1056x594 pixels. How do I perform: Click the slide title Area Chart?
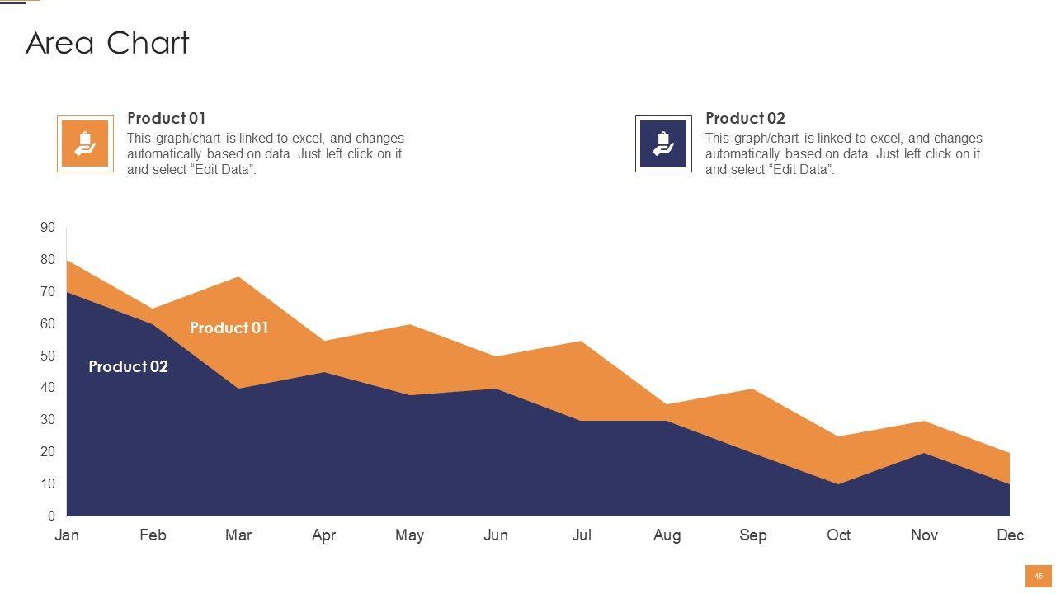(107, 43)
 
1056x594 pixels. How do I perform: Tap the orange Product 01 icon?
(85, 144)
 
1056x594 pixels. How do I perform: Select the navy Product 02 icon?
(663, 144)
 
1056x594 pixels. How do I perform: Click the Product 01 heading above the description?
(166, 118)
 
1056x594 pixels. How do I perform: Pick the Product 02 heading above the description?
(745, 118)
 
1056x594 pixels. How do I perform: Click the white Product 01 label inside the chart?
(229, 328)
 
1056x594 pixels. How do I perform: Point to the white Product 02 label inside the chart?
(128, 366)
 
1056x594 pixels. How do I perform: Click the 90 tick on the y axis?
(48, 228)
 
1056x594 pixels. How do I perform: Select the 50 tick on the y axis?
(48, 356)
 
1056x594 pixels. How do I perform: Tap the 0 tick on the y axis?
(51, 516)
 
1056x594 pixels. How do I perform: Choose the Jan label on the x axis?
(67, 535)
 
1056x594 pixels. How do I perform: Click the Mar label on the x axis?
(238, 535)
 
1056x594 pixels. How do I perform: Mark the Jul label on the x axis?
(582, 535)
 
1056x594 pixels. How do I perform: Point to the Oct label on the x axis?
(838, 535)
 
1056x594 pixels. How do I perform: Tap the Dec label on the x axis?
(1010, 535)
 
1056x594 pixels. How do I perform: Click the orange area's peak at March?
(238, 279)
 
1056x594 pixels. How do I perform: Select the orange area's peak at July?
(582, 343)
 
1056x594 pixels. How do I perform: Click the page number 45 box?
(1038, 577)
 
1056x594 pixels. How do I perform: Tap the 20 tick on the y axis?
(48, 452)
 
